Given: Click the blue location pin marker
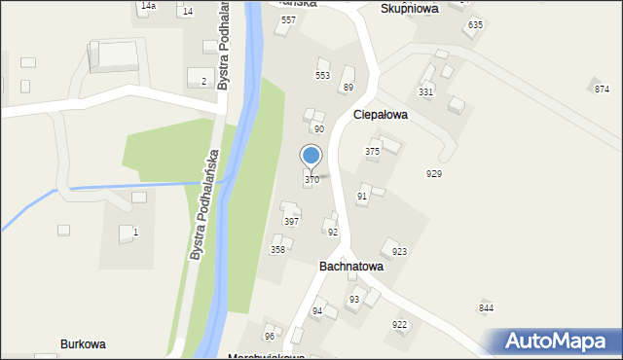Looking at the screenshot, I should tap(311, 157).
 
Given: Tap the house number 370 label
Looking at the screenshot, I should tap(311, 180).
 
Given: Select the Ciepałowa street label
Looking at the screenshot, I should tap(380, 114).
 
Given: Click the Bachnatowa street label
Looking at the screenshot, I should tap(351, 266).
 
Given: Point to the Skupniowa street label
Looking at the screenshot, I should tap(409, 8).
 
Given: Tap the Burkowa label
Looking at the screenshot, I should tap(83, 344).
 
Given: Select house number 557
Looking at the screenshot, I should tap(288, 20).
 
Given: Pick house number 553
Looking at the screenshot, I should tap(322, 75).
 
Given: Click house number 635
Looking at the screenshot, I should tap(475, 24).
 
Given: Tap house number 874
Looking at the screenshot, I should tap(602, 90).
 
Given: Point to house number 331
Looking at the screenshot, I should tap(425, 91).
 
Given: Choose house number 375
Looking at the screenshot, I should tap(372, 152).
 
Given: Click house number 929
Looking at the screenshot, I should tap(434, 173).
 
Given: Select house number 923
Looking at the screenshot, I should tap(399, 252).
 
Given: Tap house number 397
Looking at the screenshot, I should tap(291, 222).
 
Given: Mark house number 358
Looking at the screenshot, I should tap(277, 250).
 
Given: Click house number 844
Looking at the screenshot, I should tap(486, 308).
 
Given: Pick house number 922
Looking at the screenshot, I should tap(399, 324).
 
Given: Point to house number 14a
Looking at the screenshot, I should tap(147, 6).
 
